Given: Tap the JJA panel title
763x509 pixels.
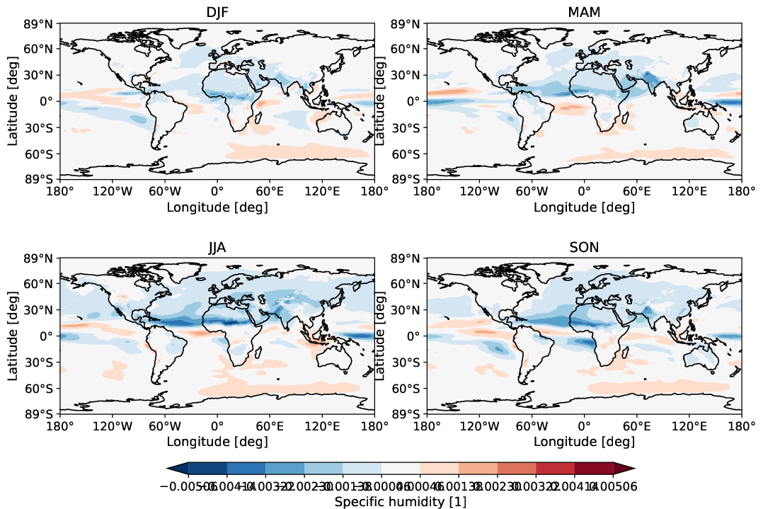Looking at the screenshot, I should pyautogui.click(x=217, y=247).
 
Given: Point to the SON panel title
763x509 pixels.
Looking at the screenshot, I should pyautogui.click(x=584, y=247).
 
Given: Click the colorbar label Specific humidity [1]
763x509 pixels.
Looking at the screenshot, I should pyautogui.click(x=400, y=501).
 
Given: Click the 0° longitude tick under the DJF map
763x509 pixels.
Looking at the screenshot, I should pyautogui.click(x=217, y=192).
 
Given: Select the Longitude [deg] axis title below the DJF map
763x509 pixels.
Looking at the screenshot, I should pyautogui.click(x=217, y=207).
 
